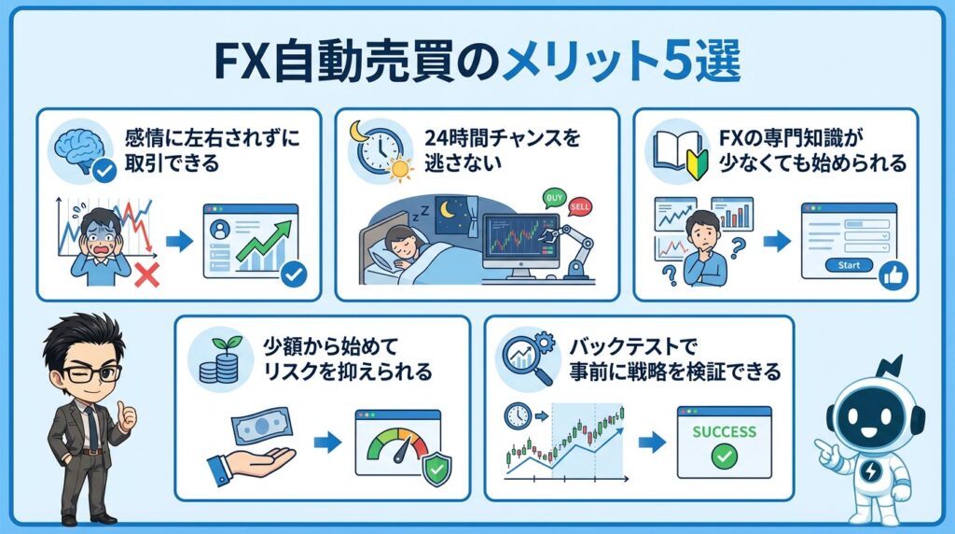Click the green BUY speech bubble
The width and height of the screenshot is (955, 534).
point(555,198)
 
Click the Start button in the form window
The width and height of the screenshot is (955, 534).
point(848,265)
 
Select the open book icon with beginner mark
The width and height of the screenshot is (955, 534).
point(677,148)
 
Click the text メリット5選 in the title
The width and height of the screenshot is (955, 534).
point(621,62)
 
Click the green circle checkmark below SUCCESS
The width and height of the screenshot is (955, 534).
point(723,457)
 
